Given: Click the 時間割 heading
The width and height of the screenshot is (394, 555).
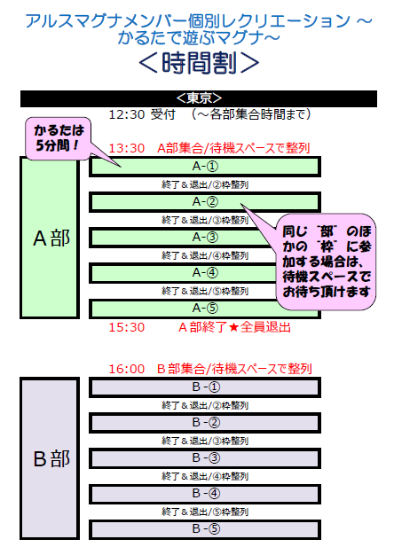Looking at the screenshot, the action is pyautogui.click(x=199, y=63).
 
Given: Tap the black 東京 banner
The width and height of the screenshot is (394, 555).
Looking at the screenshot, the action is pyautogui.click(x=199, y=98).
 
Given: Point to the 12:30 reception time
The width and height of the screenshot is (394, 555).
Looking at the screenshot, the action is pyautogui.click(x=127, y=114).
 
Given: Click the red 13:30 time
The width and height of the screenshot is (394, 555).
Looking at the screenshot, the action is pyautogui.click(x=127, y=148).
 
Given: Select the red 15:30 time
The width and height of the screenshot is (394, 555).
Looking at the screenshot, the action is pyautogui.click(x=127, y=327).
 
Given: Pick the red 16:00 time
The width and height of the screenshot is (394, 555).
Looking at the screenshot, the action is pyautogui.click(x=127, y=369).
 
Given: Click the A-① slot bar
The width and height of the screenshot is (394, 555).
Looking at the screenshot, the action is pyautogui.click(x=205, y=167).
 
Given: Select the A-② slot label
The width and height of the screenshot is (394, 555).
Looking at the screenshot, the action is pyautogui.click(x=205, y=202).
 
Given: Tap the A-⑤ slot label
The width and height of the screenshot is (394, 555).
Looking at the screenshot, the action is pyautogui.click(x=205, y=309).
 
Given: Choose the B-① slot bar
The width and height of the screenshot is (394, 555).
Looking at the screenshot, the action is pyautogui.click(x=205, y=387).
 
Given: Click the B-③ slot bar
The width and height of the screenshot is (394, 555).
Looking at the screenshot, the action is pyautogui.click(x=205, y=458).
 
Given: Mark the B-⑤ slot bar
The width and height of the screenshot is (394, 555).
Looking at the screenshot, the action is pyautogui.click(x=205, y=529).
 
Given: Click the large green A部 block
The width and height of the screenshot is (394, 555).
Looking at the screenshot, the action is pyautogui.click(x=50, y=238).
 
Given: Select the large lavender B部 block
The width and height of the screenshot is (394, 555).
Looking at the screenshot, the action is pyautogui.click(x=50, y=458).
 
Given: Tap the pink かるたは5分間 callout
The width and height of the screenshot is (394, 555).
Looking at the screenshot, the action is pyautogui.click(x=59, y=138).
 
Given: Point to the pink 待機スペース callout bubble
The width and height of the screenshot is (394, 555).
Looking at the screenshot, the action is pyautogui.click(x=326, y=262).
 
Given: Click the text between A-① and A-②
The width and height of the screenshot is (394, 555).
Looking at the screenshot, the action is pyautogui.click(x=205, y=184).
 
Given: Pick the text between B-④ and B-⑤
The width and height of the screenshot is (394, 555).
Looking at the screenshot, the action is pyautogui.click(x=205, y=512).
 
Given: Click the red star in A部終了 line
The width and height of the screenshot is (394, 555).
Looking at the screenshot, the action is pyautogui.click(x=233, y=327).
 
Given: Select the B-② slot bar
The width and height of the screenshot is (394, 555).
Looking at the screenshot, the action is pyautogui.click(x=205, y=423).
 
